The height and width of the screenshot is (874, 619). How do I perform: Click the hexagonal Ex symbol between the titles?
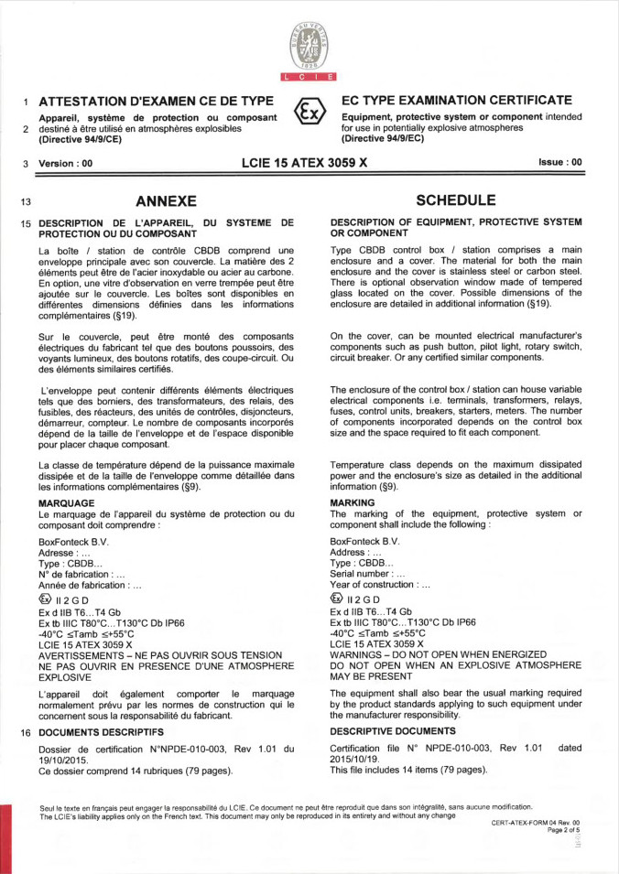(309, 113)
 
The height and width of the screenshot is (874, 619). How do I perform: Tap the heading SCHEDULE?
(456, 200)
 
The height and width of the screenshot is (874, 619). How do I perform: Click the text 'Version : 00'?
(66, 163)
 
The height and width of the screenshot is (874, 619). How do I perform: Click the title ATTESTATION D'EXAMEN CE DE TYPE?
(157, 100)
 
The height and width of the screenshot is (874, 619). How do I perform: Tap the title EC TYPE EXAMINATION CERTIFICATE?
(457, 100)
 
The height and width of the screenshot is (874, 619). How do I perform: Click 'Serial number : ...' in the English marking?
(367, 574)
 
